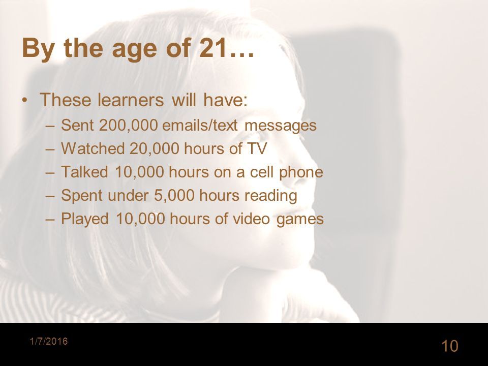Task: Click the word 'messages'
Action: click(281, 125)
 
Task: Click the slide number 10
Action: click(450, 346)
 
